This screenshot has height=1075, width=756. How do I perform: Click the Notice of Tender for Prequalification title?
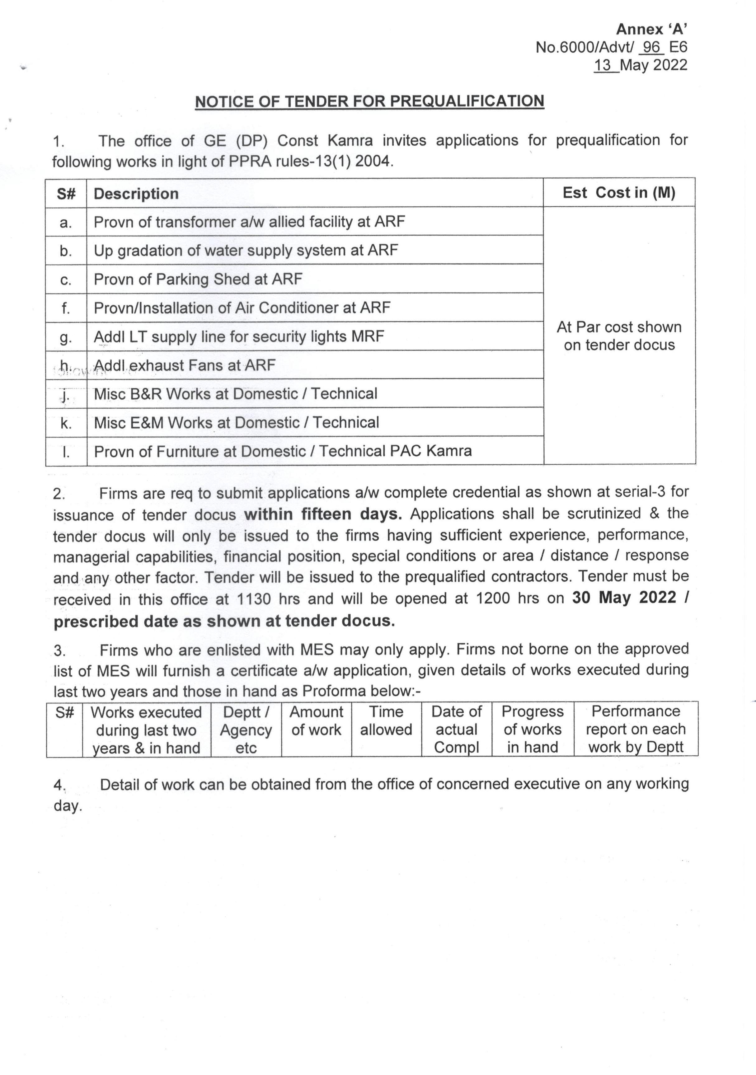(x=369, y=101)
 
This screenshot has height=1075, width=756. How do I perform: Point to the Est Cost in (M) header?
(x=619, y=192)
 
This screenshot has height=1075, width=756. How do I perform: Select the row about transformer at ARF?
(x=249, y=222)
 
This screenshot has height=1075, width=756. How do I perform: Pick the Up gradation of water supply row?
(x=246, y=250)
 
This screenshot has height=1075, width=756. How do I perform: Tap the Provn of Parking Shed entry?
(x=198, y=279)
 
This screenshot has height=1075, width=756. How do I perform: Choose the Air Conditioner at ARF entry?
(x=242, y=307)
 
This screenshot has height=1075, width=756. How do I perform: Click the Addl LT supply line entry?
(x=239, y=336)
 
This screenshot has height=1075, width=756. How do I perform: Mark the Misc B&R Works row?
(x=236, y=394)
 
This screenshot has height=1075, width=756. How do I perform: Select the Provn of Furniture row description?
(x=283, y=451)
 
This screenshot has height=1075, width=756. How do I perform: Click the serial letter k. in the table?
(x=66, y=423)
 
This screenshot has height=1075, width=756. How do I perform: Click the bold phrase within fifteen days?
(x=323, y=514)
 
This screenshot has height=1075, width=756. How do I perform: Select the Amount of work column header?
(x=317, y=721)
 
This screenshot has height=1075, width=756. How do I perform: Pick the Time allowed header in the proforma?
(x=386, y=721)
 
